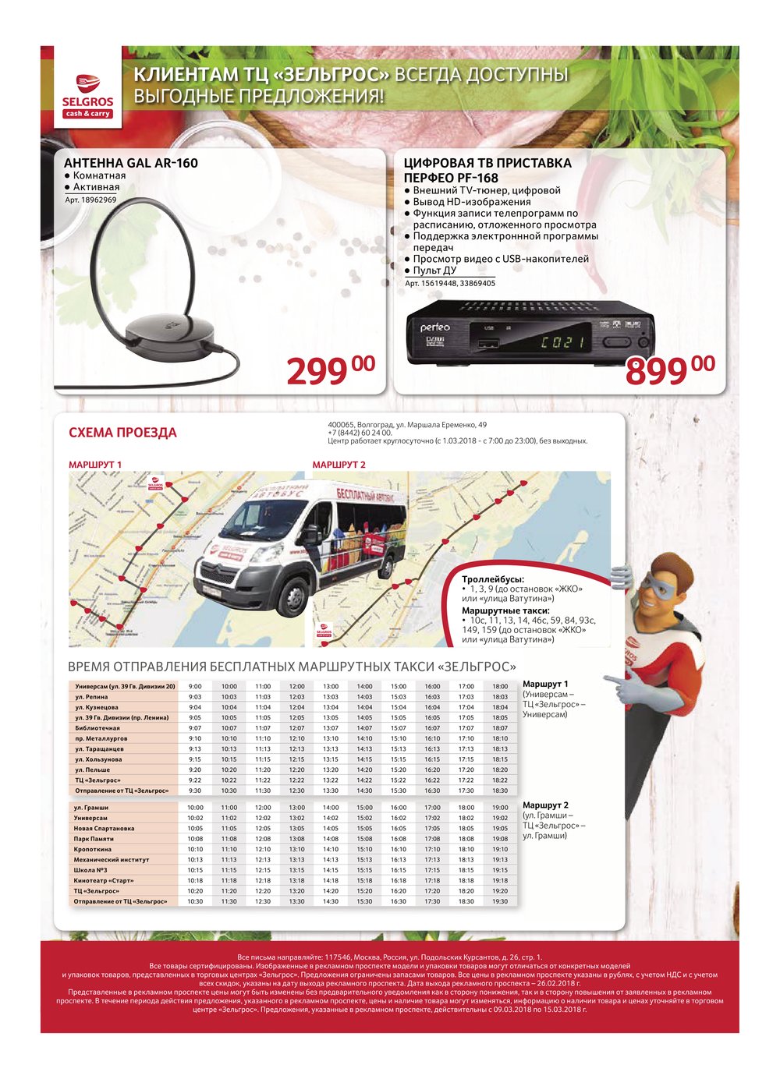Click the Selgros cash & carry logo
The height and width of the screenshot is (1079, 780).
click(87, 96)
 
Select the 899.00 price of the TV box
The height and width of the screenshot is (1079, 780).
click(669, 370)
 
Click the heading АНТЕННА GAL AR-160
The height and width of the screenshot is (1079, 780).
click(130, 163)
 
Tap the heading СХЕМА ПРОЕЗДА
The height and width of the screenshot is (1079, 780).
click(122, 433)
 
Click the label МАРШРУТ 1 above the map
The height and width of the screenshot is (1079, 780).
click(95, 465)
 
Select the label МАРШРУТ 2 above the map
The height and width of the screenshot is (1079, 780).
click(339, 465)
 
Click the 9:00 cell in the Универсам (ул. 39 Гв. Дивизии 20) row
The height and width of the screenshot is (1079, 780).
click(195, 686)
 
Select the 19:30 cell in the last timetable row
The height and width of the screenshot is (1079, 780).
click(500, 901)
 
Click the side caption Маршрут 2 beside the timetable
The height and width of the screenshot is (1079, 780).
click(545, 805)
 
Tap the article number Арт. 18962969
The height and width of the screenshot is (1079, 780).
click(90, 200)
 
